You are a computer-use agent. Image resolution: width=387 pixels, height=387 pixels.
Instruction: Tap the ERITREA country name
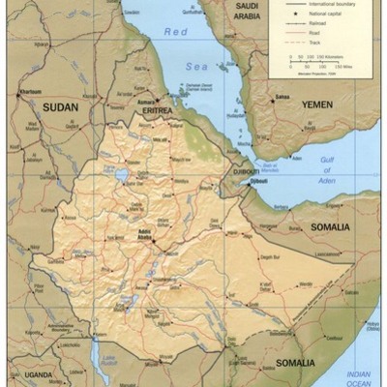[x=157, y=111]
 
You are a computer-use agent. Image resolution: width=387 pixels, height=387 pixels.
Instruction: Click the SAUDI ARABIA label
[x=246, y=12]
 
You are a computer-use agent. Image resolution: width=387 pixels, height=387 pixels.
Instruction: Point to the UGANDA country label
[x=39, y=373]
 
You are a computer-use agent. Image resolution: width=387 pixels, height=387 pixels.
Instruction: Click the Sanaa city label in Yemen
[x=282, y=97]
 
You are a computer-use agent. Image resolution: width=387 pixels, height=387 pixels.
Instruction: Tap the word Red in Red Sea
[x=176, y=32]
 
